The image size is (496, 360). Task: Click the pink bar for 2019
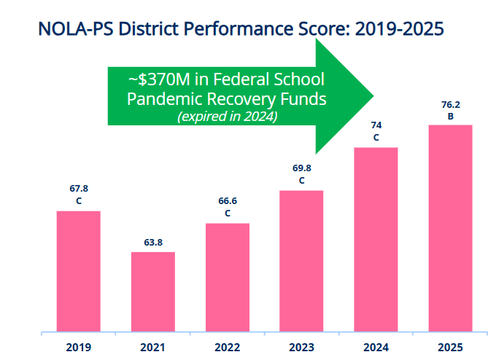(x=79, y=271)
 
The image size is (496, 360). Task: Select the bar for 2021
(x=153, y=291)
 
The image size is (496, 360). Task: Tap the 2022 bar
(x=228, y=278)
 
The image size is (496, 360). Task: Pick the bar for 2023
(x=301, y=261)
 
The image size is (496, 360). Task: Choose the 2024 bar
(x=376, y=240)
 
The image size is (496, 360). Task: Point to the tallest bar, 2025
(x=451, y=228)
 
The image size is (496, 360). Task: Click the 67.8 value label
(x=79, y=188)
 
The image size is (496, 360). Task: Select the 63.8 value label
(x=153, y=243)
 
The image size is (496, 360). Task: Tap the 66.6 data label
(x=228, y=200)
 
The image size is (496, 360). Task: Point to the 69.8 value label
(x=302, y=168)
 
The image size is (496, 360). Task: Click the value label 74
(x=376, y=125)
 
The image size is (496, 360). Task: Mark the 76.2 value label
(x=451, y=104)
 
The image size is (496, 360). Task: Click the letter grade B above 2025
(x=451, y=117)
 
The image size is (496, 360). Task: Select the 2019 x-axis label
(x=79, y=348)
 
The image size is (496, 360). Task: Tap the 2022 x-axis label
(x=227, y=348)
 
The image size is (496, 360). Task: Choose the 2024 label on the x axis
(x=376, y=348)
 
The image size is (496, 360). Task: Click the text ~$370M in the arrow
(x=159, y=79)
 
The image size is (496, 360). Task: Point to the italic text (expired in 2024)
(x=228, y=117)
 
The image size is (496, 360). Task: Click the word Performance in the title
(x=239, y=28)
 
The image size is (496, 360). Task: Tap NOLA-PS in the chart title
(x=75, y=28)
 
